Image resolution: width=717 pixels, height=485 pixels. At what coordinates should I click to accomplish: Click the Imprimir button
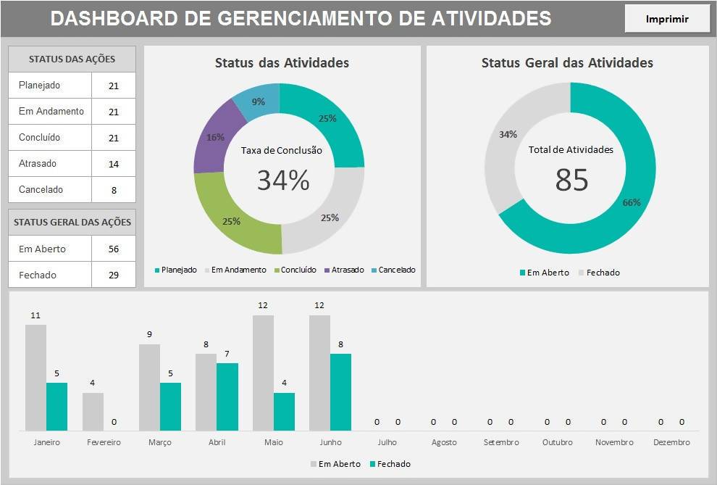point(667,19)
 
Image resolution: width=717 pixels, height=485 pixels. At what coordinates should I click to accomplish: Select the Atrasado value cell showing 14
point(114,164)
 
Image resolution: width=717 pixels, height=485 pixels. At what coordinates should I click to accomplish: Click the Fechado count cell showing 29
point(114,275)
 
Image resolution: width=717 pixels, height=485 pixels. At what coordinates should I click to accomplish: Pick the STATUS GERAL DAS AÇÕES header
point(72,223)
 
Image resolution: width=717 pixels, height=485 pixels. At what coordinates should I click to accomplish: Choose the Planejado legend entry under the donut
point(175,270)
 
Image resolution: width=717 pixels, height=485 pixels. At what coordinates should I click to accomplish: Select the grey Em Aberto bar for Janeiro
point(35,377)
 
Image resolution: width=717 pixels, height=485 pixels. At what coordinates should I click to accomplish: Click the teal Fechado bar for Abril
point(227,397)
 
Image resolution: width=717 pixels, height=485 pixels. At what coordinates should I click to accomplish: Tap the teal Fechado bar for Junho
point(340,391)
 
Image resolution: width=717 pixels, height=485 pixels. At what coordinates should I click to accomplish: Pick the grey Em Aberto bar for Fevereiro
point(93,412)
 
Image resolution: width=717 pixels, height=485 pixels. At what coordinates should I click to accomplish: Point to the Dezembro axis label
point(671,442)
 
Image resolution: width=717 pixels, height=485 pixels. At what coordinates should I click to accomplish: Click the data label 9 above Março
point(149,335)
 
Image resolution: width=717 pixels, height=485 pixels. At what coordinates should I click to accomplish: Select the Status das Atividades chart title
point(282,63)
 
